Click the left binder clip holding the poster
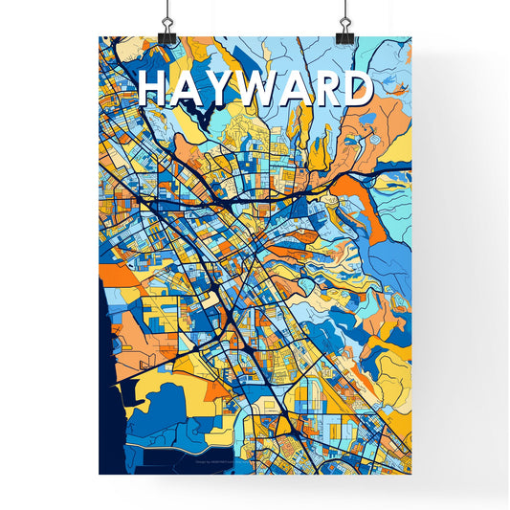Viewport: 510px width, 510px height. pyautogui.click(x=169, y=29)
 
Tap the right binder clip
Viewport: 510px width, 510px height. pyautogui.click(x=342, y=29)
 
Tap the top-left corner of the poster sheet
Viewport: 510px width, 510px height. pyautogui.click(x=100, y=37)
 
